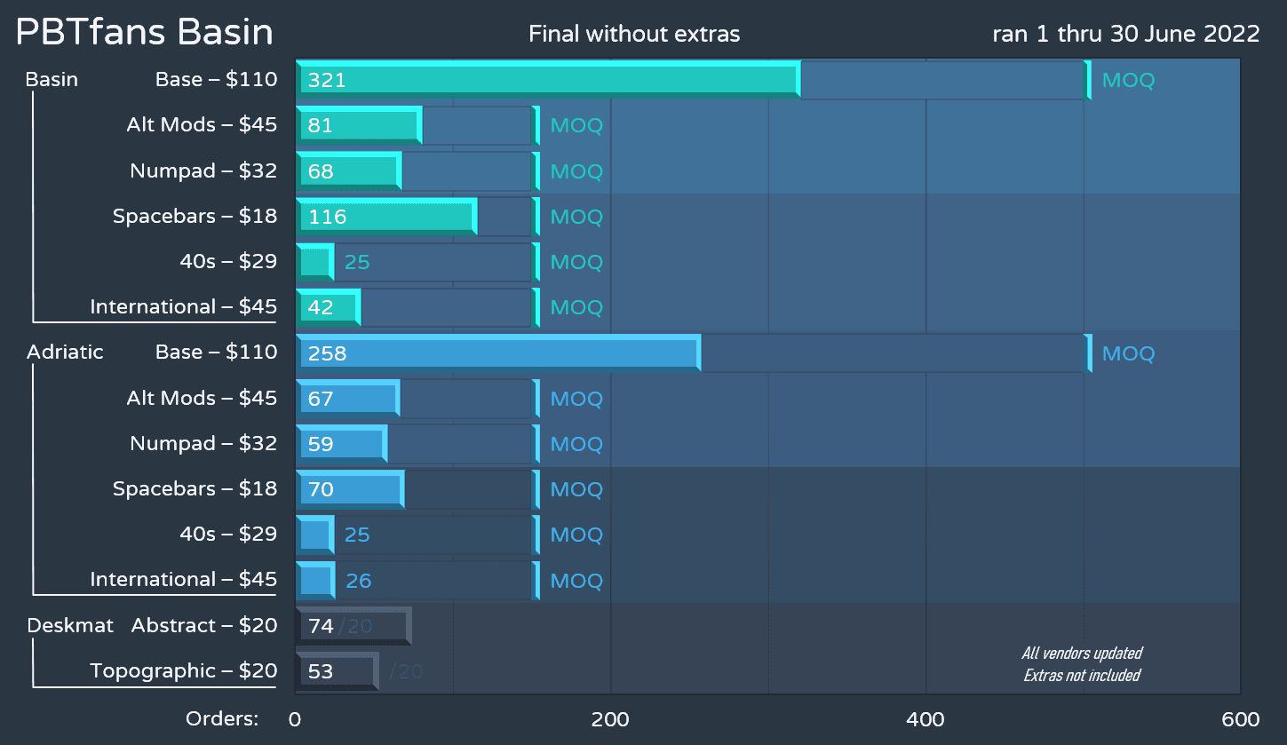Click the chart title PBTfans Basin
[145, 33]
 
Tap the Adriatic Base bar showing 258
[497, 353]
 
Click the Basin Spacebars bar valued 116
[385, 217]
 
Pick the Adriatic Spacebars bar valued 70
[350, 489]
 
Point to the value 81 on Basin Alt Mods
[320, 126]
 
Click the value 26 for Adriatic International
[358, 582]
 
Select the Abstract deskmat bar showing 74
[353, 626]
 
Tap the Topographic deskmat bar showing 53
[337, 671]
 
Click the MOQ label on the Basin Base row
[1128, 81]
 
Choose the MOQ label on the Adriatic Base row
[1128, 354]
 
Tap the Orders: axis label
[221, 719]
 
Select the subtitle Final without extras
[634, 35]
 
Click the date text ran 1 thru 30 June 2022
[1126, 35]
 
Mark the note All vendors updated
[1082, 654]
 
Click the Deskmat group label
[70, 626]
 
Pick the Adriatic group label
[65, 353]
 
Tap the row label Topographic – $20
[184, 671]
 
